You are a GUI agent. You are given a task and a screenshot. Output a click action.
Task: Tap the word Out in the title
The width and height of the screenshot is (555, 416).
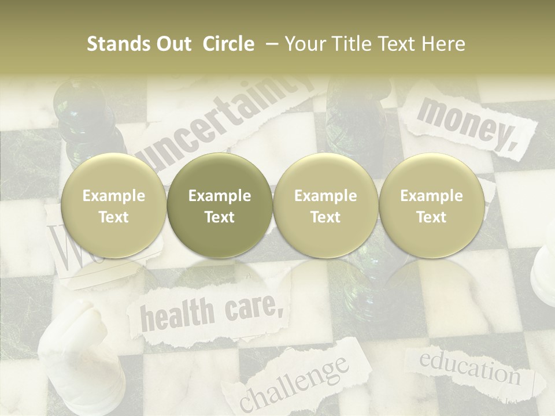(x=171, y=44)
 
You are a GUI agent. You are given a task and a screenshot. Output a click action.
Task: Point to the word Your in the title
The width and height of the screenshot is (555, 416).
(x=305, y=44)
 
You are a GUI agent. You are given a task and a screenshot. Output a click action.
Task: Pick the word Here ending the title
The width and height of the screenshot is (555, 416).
(x=443, y=44)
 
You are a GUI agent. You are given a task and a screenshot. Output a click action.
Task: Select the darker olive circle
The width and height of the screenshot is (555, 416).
(x=220, y=206)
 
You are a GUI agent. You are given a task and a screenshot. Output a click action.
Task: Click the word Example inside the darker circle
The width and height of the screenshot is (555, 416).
(x=220, y=196)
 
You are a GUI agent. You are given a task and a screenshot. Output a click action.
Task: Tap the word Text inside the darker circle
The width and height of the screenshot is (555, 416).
(x=220, y=217)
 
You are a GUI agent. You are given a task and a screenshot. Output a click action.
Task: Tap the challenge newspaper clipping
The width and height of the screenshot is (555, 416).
(x=295, y=381)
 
